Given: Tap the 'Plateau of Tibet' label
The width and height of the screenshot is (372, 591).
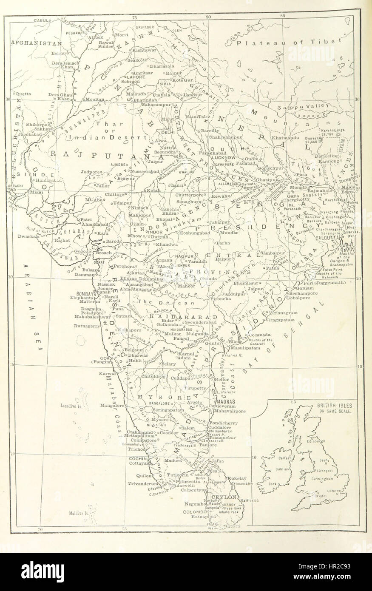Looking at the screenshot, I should (290, 43).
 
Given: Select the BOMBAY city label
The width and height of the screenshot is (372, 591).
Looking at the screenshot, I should (84, 293).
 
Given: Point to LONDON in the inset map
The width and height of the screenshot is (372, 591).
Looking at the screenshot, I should (335, 491).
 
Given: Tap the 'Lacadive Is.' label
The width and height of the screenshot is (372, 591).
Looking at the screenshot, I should (73, 406).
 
